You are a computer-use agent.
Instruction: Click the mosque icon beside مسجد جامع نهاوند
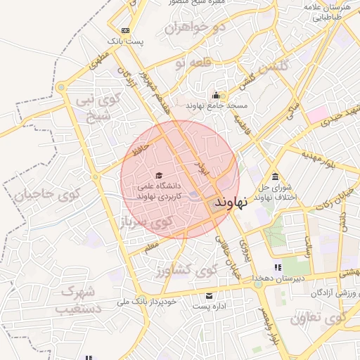click(216, 95)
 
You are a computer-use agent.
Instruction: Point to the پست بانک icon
click(125, 30)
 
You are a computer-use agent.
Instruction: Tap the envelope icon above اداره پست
click(210, 295)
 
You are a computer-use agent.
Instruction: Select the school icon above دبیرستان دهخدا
click(278, 267)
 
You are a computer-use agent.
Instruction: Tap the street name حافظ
click(139, 150)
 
